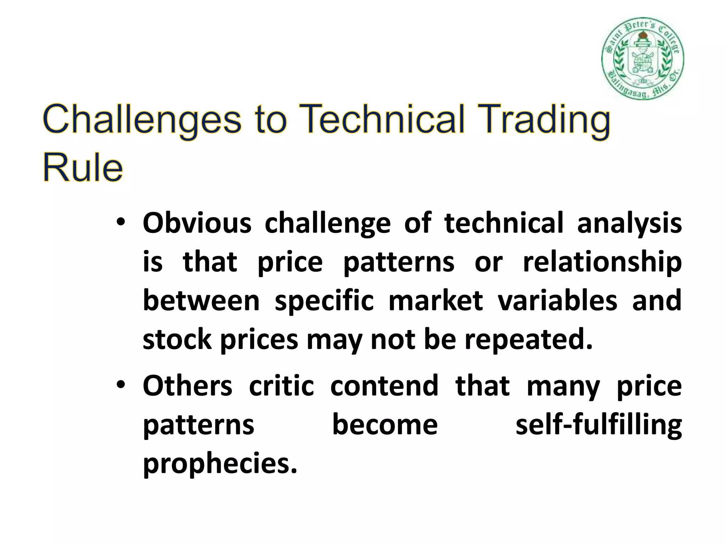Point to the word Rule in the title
pos(83,167)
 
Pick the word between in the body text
pos(201,301)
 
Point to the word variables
pos(557,301)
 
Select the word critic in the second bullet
pos(281,386)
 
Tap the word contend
pos(384,386)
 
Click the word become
pos(385,425)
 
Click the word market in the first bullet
pos(436,301)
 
